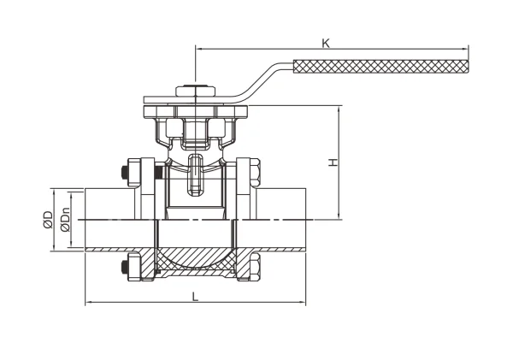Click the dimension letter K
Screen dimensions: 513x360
326,43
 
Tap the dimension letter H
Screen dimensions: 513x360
333,162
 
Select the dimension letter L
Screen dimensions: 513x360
195,297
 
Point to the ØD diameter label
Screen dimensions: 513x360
48,219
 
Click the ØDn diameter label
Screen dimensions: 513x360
66,220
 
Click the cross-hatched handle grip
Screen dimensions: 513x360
380,67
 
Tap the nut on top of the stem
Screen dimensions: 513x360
195,91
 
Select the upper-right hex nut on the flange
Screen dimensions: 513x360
255,173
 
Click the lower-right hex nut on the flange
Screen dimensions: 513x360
255,266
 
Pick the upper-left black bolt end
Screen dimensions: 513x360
124,173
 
